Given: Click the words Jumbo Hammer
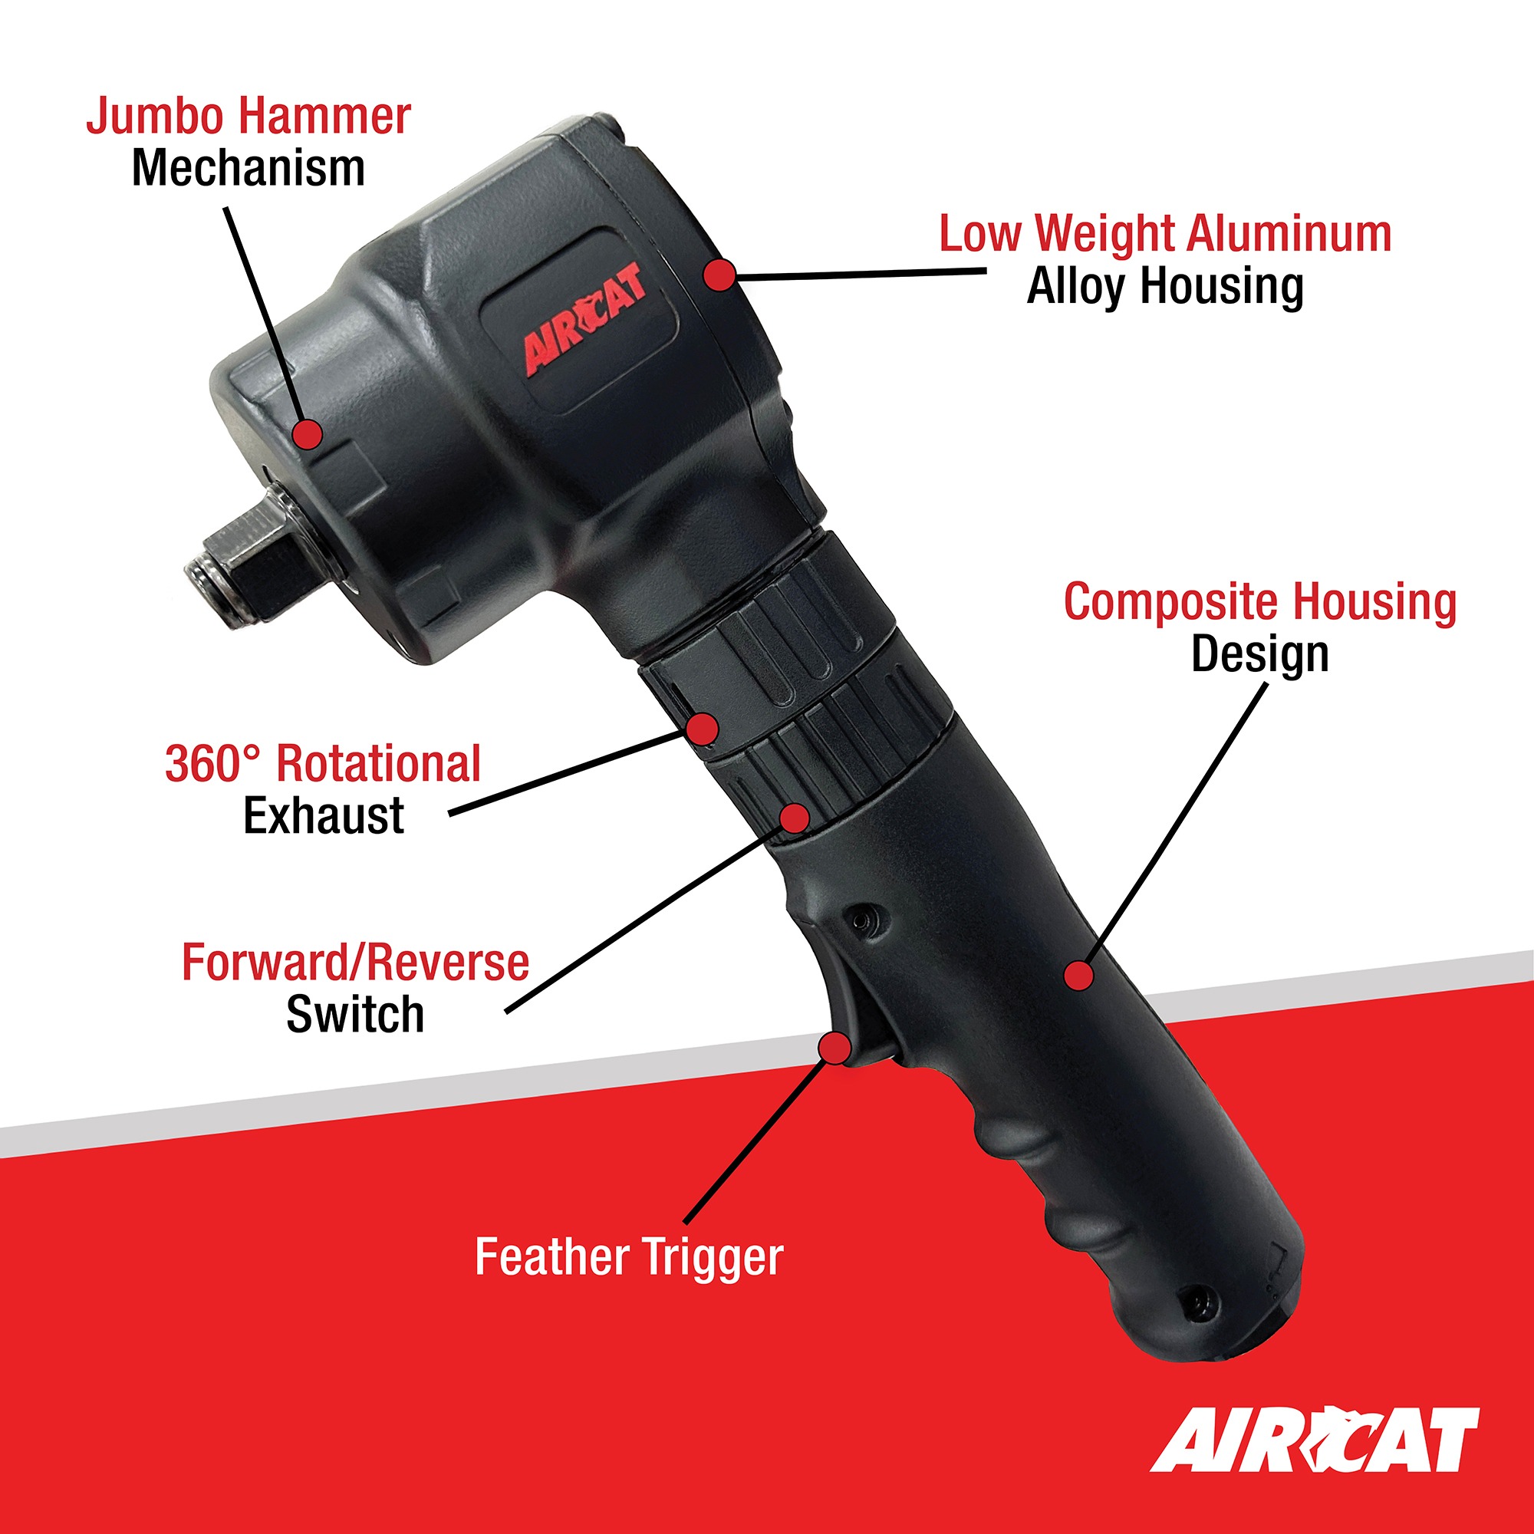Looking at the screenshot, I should [249, 117].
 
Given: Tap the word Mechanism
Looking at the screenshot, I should [249, 169].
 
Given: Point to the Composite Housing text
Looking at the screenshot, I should [1260, 602].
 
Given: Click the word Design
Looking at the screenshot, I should [1260, 654].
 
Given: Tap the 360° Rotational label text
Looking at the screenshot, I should [323, 763].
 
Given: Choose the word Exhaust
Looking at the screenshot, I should [323, 815].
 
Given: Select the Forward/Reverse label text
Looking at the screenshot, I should [356, 963].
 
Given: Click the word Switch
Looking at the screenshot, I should [356, 1015].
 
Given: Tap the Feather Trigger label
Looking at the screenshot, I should [629, 1258].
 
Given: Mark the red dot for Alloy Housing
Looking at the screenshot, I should [719, 275].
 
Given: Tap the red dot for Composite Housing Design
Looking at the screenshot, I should [1078, 975].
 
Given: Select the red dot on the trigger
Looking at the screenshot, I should [834, 1047].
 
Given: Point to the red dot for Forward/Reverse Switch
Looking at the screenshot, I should [794, 817].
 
